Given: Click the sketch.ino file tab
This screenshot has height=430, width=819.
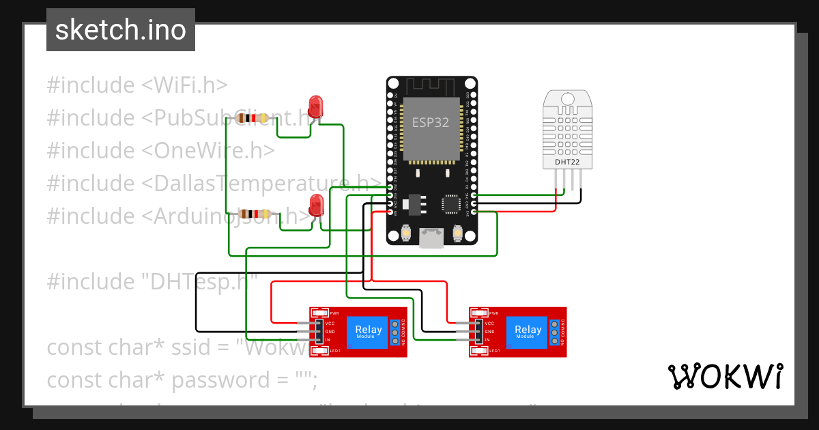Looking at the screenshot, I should pos(121,30).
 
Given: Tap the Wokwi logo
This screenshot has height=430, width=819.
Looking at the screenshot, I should pos(725,376).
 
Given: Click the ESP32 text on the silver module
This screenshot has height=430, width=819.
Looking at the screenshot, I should pos(431,122).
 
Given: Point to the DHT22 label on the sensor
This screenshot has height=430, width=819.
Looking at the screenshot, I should pos(568,162).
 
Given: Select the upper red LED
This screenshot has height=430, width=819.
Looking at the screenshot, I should pos(315,107).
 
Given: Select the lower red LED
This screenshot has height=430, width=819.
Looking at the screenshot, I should pos(316,205).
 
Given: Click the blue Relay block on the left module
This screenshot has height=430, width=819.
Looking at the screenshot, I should pos(369,332).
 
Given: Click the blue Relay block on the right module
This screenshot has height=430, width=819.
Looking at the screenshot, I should pos(528,332).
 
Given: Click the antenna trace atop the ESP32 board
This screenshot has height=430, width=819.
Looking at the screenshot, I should pos(431,87).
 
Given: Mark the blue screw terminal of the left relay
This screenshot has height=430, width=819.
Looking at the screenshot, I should pos(394,332).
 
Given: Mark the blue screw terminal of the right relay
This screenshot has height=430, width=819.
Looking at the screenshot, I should pos(554,332).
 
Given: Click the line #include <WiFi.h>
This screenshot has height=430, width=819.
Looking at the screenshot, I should pos(137,85).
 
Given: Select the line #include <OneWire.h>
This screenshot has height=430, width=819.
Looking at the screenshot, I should pos(161,151).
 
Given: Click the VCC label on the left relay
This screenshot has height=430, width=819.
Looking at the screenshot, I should pos(330,323).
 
